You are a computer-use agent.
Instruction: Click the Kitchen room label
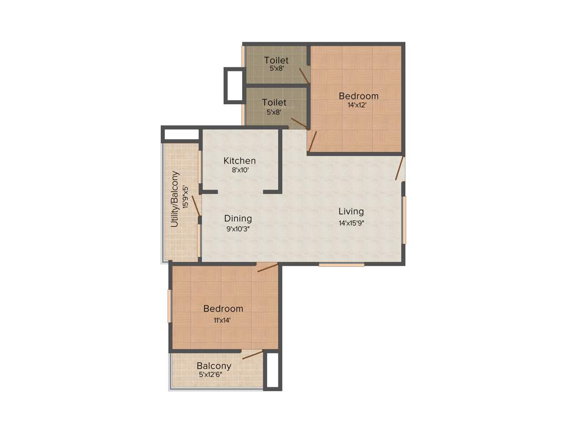[x=240, y=161]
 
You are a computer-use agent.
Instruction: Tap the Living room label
[x=351, y=212]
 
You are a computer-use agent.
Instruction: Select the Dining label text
[x=238, y=218]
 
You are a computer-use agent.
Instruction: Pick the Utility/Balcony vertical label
[x=175, y=199]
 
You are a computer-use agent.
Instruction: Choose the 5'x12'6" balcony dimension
[x=215, y=375]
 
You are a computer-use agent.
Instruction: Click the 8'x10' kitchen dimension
[x=240, y=171]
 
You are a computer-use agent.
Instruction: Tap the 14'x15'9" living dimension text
[x=352, y=223]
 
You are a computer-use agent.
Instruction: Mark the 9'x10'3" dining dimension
[x=238, y=228]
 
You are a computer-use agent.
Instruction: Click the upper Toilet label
[x=276, y=60]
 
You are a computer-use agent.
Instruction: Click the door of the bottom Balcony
[x=252, y=354]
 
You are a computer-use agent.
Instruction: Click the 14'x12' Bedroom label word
[x=358, y=96]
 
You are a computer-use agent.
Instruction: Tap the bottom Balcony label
[x=214, y=366]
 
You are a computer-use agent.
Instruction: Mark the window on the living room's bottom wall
[x=341, y=265]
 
